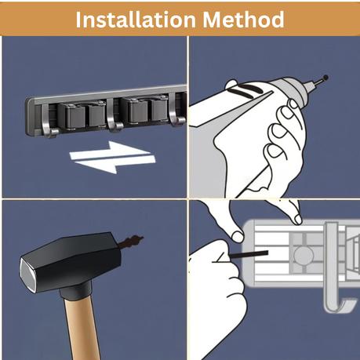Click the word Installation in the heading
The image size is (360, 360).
pyautogui.click(x=136, y=20)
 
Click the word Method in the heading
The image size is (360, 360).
pyautogui.click(x=244, y=20)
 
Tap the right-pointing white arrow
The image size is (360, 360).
pyautogui.click(x=110, y=151)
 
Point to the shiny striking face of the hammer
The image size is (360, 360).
pyautogui.click(x=27, y=275)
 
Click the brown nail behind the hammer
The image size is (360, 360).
pyautogui.click(x=131, y=241)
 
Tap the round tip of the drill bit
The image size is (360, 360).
pyautogui.click(x=325, y=78)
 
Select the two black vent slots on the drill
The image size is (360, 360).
pyautogui.click(x=247, y=90)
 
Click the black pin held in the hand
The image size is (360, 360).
pyautogui.click(x=249, y=254)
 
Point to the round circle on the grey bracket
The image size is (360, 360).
pyautogui.click(x=304, y=256)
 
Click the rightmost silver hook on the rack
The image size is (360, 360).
pyautogui.click(x=176, y=109)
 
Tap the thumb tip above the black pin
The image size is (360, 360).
pyautogui.click(x=238, y=237)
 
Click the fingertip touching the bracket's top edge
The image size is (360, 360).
pyautogui.click(x=297, y=219)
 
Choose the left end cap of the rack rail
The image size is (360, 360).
pyautogui.click(x=30, y=117)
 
